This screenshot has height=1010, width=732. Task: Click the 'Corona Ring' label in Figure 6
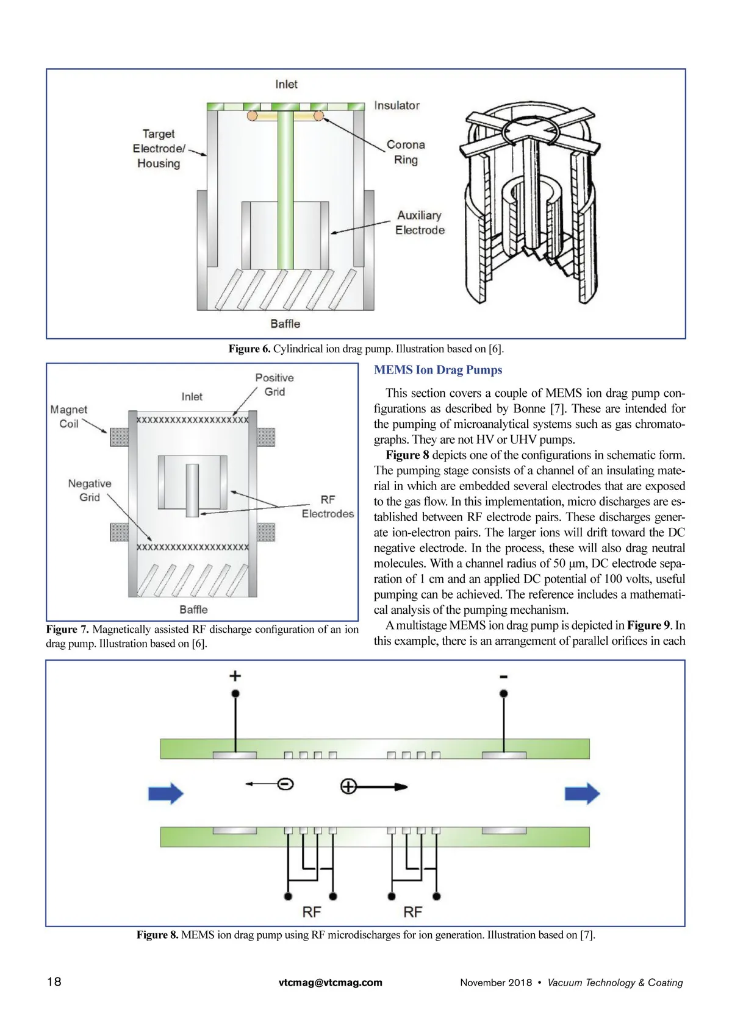coord(406,152)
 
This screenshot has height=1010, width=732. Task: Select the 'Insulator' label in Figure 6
coord(396,105)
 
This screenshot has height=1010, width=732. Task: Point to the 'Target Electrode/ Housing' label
coord(159,148)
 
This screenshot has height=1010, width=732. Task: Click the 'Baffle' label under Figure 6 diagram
coord(285,324)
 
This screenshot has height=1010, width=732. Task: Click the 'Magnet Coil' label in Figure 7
coord(68,416)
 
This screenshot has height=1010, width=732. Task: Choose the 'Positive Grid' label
coord(274,385)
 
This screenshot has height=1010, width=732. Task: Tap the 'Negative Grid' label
coord(90,490)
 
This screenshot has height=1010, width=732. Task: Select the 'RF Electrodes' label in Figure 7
coord(328,507)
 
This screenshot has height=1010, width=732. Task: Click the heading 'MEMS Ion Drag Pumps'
coord(438,370)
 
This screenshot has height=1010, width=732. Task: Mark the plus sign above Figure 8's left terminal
coord(235,675)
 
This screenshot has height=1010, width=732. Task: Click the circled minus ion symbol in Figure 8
coord(285,784)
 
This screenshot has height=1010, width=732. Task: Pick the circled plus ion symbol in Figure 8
coord(348,786)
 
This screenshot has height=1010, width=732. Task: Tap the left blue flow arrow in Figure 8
coord(166,794)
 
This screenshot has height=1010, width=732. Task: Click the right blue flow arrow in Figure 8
coord(583,794)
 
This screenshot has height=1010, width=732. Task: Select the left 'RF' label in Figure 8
coord(312,912)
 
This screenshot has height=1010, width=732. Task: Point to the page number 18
coord(54,981)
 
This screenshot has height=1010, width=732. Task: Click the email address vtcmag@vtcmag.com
coord(330,982)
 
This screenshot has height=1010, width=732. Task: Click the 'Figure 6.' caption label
coord(249,349)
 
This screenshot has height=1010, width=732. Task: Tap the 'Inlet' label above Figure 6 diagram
coord(286,84)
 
